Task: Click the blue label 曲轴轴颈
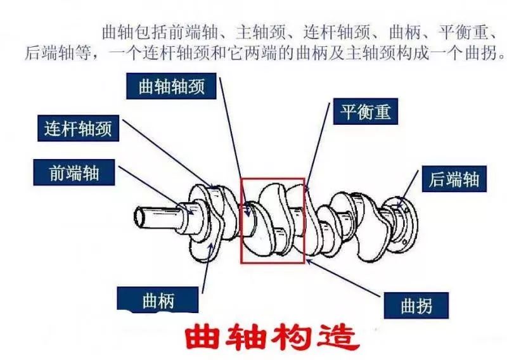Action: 171,86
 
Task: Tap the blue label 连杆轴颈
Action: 78,128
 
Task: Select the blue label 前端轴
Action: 74,172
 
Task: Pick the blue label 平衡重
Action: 366,112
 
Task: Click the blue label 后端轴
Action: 454,179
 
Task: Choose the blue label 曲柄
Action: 158,300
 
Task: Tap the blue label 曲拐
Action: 416,305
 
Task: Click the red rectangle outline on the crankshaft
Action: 241,221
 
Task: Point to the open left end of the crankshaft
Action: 139,217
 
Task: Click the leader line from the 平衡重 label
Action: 318,147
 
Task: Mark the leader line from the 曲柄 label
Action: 208,269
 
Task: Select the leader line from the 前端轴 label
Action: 156,190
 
